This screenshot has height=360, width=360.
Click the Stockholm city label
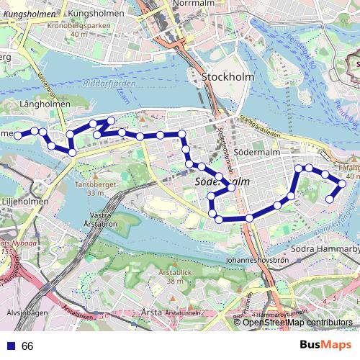tap(225, 77)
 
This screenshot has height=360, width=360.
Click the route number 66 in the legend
tap(27, 346)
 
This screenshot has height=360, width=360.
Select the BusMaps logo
tap(325, 346)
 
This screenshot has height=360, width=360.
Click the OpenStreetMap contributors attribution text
tap(297, 323)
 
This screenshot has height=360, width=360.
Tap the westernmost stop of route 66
tap(17, 135)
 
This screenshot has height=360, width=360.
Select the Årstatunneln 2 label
tap(185, 312)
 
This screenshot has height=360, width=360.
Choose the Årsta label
tap(152, 312)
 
